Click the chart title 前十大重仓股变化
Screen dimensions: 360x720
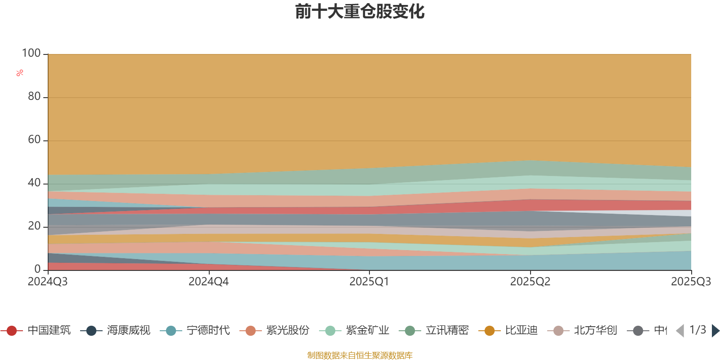click(360, 12)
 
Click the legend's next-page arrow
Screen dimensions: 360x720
click(715, 331)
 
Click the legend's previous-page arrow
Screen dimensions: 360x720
click(680, 331)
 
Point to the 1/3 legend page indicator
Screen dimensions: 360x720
click(697, 330)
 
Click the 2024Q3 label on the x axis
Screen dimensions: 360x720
click(48, 282)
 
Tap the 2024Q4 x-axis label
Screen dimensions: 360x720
click(208, 282)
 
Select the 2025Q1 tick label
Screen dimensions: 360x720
click(369, 282)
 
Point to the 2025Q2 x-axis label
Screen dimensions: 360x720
click(530, 282)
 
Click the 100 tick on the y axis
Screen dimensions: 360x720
click(31, 53)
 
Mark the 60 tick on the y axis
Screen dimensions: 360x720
click(34, 139)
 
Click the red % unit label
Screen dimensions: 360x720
click(20, 73)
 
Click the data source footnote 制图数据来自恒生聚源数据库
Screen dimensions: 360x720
click(360, 355)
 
